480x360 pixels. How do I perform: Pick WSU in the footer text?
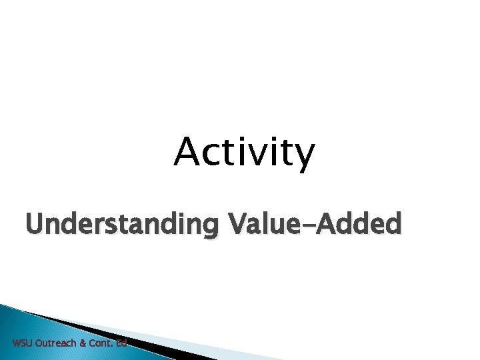point(21,343)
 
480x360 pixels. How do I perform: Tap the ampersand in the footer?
point(83,343)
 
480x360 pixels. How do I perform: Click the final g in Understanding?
point(207,227)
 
